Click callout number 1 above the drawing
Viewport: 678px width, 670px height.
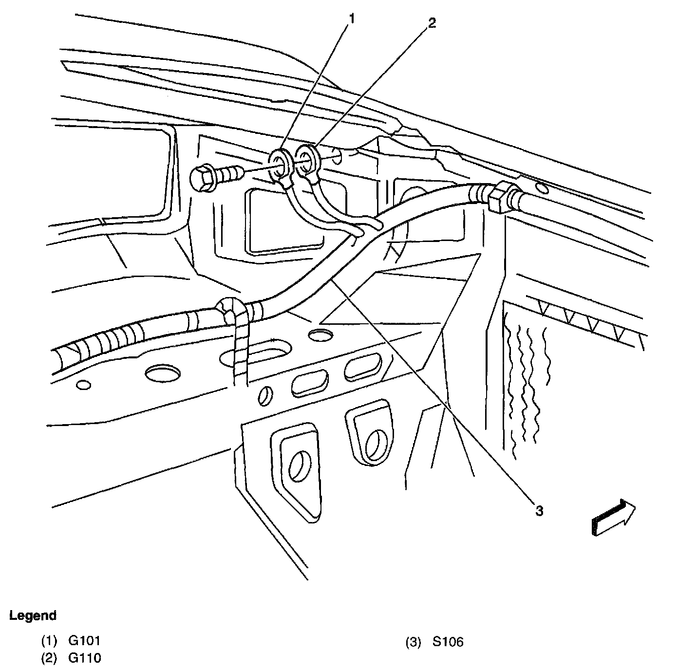(x=352, y=19)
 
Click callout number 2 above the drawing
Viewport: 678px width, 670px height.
(x=432, y=23)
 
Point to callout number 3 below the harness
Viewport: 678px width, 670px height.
(x=538, y=511)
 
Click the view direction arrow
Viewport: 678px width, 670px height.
(x=613, y=518)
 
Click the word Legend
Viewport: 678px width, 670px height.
(x=33, y=615)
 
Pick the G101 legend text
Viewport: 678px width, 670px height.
(x=84, y=641)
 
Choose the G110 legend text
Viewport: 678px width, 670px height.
(x=84, y=658)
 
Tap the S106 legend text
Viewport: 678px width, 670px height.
(x=448, y=642)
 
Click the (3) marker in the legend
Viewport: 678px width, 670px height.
(x=413, y=642)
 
